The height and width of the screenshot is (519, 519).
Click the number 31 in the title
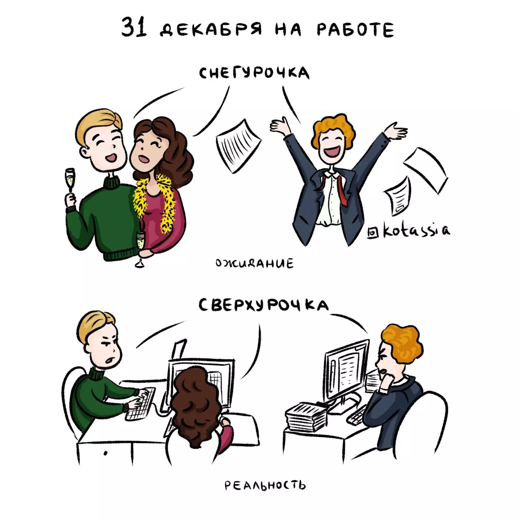point(134,27)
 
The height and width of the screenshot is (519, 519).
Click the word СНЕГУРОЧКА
point(254,73)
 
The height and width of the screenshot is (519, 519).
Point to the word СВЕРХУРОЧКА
point(263,305)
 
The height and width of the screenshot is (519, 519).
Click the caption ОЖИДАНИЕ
point(254,263)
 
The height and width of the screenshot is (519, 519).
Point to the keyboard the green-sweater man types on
point(141,404)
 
